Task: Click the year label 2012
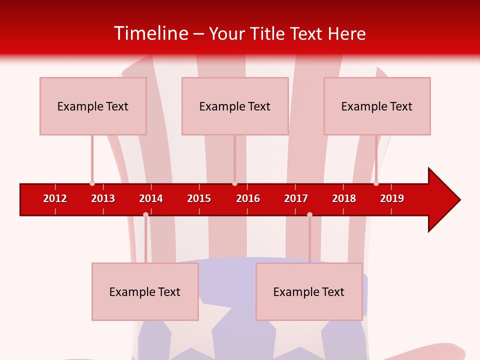coord(55,198)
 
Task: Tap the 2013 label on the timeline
coord(103,198)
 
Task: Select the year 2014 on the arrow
coord(151,198)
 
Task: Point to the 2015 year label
coord(199,198)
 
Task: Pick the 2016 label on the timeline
coord(248,198)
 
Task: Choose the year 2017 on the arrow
coord(296,198)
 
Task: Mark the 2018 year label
coord(344,198)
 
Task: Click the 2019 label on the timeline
coord(392,198)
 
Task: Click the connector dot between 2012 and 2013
coord(92,183)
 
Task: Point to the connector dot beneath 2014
coord(145,214)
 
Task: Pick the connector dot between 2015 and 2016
coord(234,183)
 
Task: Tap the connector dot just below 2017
coord(309,214)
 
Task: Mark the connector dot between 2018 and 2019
coord(376,183)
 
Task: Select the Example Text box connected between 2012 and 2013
coord(93,106)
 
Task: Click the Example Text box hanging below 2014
coord(145,291)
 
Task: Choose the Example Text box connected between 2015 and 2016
coord(235,106)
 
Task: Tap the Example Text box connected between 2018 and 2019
coord(377,106)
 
